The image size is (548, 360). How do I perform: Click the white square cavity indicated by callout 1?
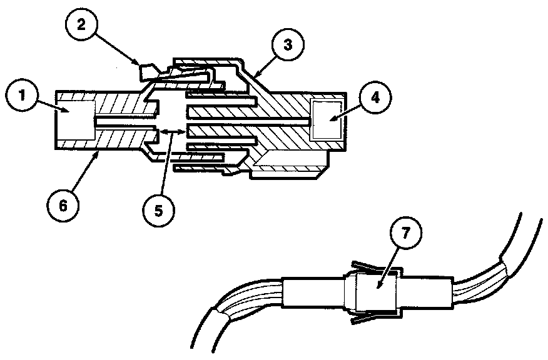click(x=74, y=119)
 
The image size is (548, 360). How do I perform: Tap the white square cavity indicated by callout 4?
click(x=326, y=119)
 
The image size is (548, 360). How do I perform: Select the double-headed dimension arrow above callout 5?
click(x=171, y=132)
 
